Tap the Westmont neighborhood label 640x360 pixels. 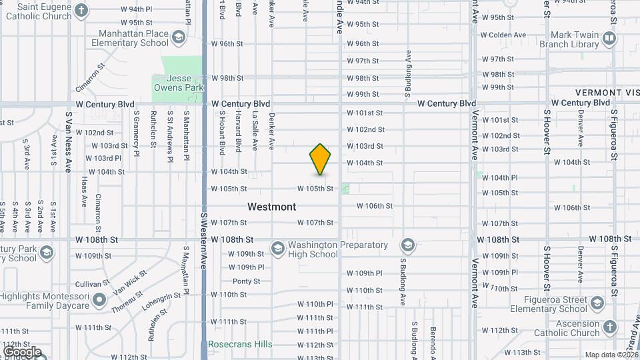(x=271, y=207)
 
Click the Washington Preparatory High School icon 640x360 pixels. (x=277, y=249)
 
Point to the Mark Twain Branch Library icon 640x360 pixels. (x=609, y=39)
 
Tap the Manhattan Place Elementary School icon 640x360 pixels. (x=178, y=38)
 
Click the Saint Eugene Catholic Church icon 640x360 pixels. (x=81, y=11)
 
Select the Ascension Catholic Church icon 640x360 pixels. (x=609, y=327)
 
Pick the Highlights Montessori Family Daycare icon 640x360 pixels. (x=99, y=300)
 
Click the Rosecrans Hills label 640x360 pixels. (x=239, y=344)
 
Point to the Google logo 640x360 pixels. (x=21, y=352)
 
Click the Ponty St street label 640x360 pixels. (x=246, y=281)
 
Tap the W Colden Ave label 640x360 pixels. (x=503, y=35)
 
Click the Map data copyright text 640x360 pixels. (x=611, y=355)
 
